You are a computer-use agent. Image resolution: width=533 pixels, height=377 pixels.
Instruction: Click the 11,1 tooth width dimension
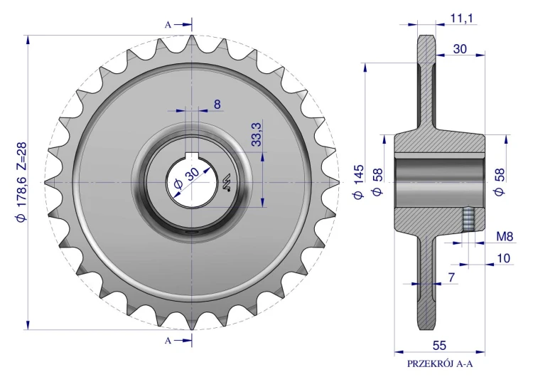pyautogui.click(x=461, y=18)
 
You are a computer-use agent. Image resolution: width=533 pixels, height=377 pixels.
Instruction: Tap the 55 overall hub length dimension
pyautogui.click(x=439, y=345)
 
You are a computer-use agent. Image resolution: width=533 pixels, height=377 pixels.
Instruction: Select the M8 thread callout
pyautogui.click(x=505, y=236)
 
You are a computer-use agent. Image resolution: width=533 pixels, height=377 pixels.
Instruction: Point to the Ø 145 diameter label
pyautogui.click(x=358, y=181)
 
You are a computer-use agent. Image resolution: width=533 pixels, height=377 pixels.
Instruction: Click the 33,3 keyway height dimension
pyautogui.click(x=257, y=134)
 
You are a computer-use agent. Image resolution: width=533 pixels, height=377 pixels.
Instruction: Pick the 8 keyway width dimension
pyautogui.click(x=217, y=104)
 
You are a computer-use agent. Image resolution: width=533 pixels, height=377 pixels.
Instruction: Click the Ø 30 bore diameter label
pyautogui.click(x=187, y=177)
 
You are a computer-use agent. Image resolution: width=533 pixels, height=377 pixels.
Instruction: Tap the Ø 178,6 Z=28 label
pyautogui.click(x=21, y=182)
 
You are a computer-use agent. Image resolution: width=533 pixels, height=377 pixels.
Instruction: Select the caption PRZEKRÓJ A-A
pyautogui.click(x=440, y=363)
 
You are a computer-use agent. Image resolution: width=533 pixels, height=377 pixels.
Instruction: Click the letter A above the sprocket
pyautogui.click(x=168, y=25)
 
